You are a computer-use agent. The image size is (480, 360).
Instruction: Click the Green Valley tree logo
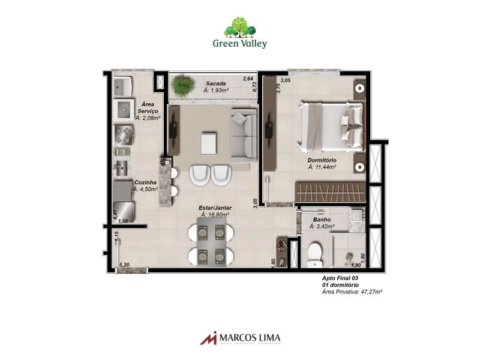240,28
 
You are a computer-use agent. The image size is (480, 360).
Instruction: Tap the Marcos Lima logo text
246,338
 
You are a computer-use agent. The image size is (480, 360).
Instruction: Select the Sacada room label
215,83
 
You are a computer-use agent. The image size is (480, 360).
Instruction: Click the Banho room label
321,220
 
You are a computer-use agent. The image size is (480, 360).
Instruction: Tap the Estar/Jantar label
215,208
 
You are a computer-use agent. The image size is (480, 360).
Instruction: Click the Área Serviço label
147,107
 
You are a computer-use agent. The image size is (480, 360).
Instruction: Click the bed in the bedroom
332,127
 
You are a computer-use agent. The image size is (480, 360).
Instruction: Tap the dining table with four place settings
211,241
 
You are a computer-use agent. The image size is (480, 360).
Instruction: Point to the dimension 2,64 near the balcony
248,79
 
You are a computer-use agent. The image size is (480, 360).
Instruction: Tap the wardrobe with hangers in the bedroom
328,193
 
